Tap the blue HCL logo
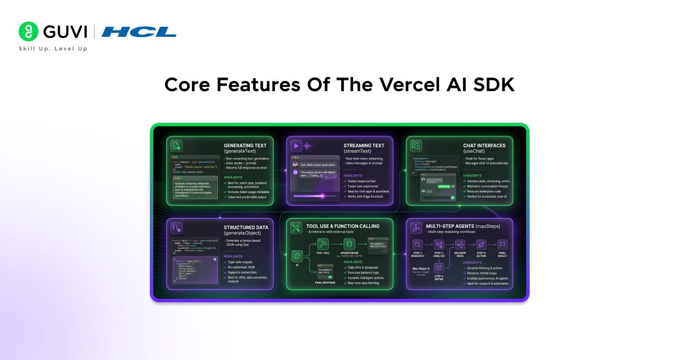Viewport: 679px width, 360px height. coord(139,32)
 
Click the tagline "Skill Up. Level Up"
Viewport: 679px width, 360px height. coord(53,49)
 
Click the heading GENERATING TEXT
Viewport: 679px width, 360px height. coord(245,145)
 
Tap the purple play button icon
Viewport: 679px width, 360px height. coord(296,145)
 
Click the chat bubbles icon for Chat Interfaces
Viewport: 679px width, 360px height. coord(416,145)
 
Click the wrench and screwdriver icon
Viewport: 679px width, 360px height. coord(296,228)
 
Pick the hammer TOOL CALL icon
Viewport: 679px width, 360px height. coord(323,244)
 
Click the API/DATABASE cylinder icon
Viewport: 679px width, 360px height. coord(349,244)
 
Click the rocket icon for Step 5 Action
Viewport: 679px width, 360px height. coord(481,245)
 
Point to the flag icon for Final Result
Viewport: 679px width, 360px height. coord(502,245)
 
